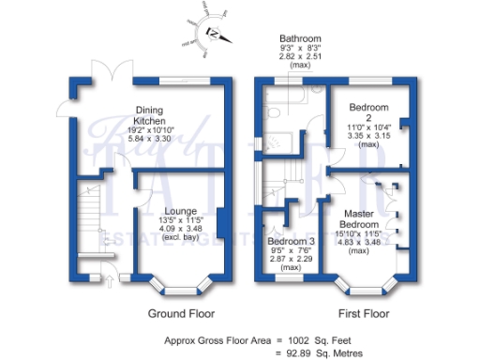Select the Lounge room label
180,211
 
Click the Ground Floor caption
182,313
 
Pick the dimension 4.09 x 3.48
180,230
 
